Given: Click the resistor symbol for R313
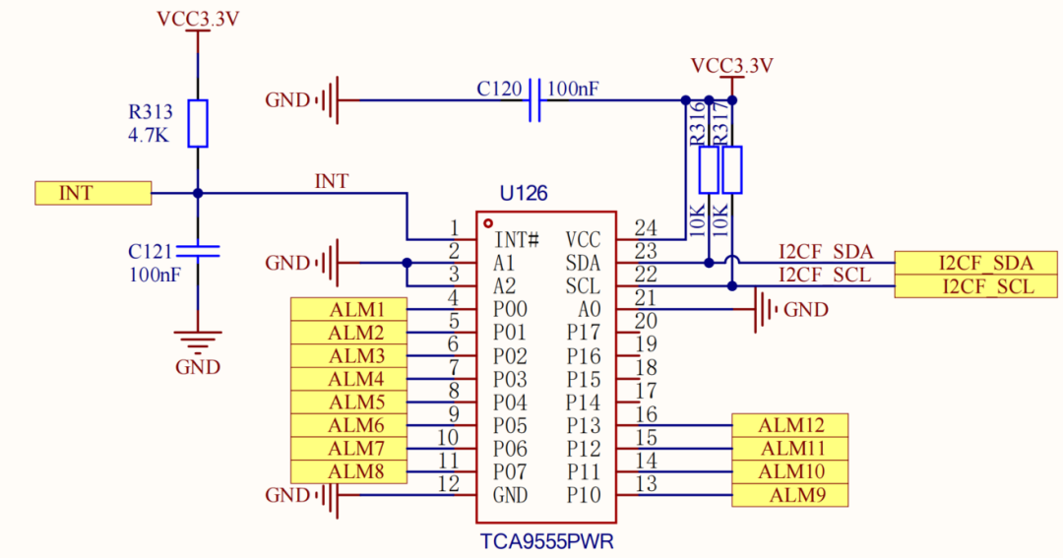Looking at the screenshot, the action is [198, 123].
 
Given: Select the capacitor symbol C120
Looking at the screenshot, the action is [534, 100].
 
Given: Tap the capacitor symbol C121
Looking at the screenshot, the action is [198, 252].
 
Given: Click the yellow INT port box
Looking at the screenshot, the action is [93, 193].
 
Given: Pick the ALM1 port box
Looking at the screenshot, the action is [348, 309].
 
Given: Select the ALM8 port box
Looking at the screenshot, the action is [348, 471].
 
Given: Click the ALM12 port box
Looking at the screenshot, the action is [789, 425].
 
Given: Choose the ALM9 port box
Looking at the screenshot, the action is [789, 495].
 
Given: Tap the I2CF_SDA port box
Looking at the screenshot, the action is [976, 263].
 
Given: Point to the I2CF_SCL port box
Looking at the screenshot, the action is [976, 286].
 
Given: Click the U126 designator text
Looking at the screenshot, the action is [524, 194].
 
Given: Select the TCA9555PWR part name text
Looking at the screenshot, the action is [546, 541].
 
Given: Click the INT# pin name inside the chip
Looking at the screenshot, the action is [517, 240].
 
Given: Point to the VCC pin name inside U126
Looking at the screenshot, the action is [583, 240].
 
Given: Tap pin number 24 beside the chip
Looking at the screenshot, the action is [646, 227].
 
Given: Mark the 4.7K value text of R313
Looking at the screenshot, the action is [149, 136].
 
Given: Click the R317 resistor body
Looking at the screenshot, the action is [732, 169].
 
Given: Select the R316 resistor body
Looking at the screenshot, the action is [709, 169].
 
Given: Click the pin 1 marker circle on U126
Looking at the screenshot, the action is [488, 223].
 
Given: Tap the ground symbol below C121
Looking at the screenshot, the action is [198, 342].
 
